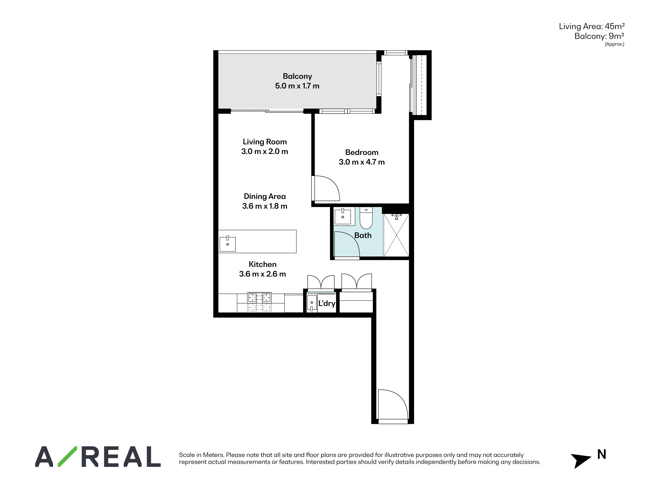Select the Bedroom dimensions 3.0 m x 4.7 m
pyautogui.click(x=362, y=162)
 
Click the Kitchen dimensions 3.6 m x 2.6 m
pyautogui.click(x=262, y=274)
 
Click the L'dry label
pyautogui.click(x=327, y=303)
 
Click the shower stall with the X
pyautogui.click(x=396, y=235)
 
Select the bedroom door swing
pyautogui.click(x=326, y=188)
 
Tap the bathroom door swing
pyautogui.click(x=347, y=244)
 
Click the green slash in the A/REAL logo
pyautogui.click(x=67, y=456)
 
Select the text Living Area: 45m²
pyautogui.click(x=592, y=26)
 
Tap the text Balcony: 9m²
pyautogui.click(x=599, y=36)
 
